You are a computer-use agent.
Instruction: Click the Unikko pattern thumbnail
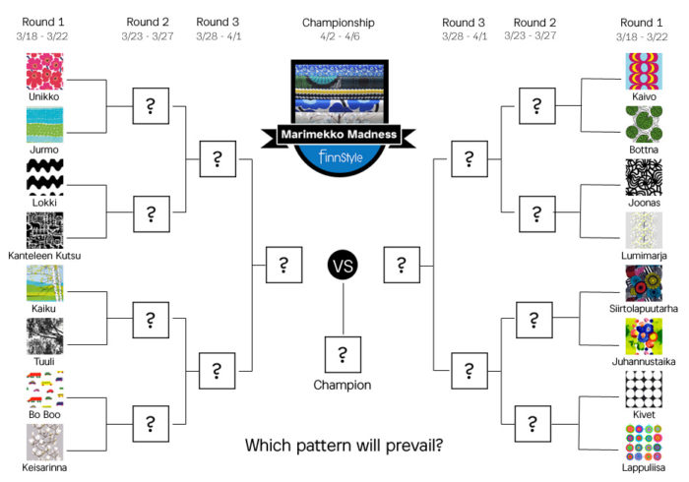[46, 72]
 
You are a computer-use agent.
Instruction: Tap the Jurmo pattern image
[46, 125]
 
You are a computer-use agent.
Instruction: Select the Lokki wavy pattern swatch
[46, 178]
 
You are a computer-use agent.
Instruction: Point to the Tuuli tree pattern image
[46, 337]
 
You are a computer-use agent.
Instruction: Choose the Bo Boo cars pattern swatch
[46, 391]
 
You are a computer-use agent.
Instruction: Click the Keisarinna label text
[46, 468]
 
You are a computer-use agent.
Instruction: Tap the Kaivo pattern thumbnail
[645, 72]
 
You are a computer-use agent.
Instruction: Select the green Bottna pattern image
[645, 125]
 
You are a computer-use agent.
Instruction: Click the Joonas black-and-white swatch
[645, 178]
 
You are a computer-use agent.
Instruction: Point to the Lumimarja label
[645, 256]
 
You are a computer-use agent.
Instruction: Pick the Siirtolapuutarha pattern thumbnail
[645, 284]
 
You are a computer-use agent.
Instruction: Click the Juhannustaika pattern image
[645, 337]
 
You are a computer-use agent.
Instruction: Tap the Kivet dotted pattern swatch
[645, 390]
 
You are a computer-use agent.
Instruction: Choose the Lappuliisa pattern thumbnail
[645, 443]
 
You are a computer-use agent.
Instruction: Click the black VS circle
[342, 264]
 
